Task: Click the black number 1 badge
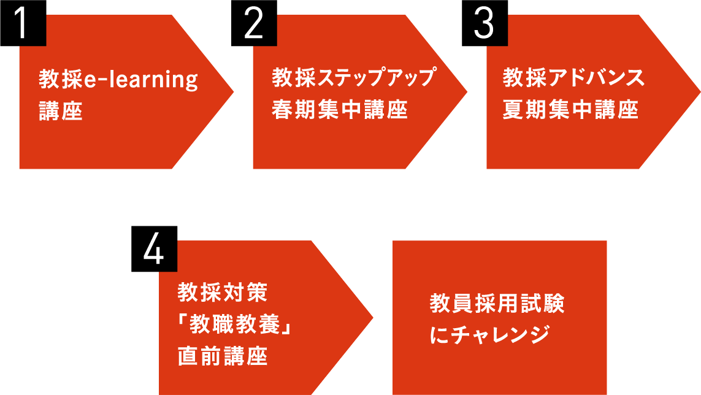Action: pos(23,23)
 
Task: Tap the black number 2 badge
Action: pos(254,23)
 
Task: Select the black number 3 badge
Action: pos(485,23)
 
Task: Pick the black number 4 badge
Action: pos(154,248)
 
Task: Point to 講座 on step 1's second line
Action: pos(61,112)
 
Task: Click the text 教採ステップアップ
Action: pos(353,79)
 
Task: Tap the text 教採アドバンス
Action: pos(573,79)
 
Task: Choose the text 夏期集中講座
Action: pos(570,110)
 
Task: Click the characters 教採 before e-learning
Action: pos(61,80)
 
